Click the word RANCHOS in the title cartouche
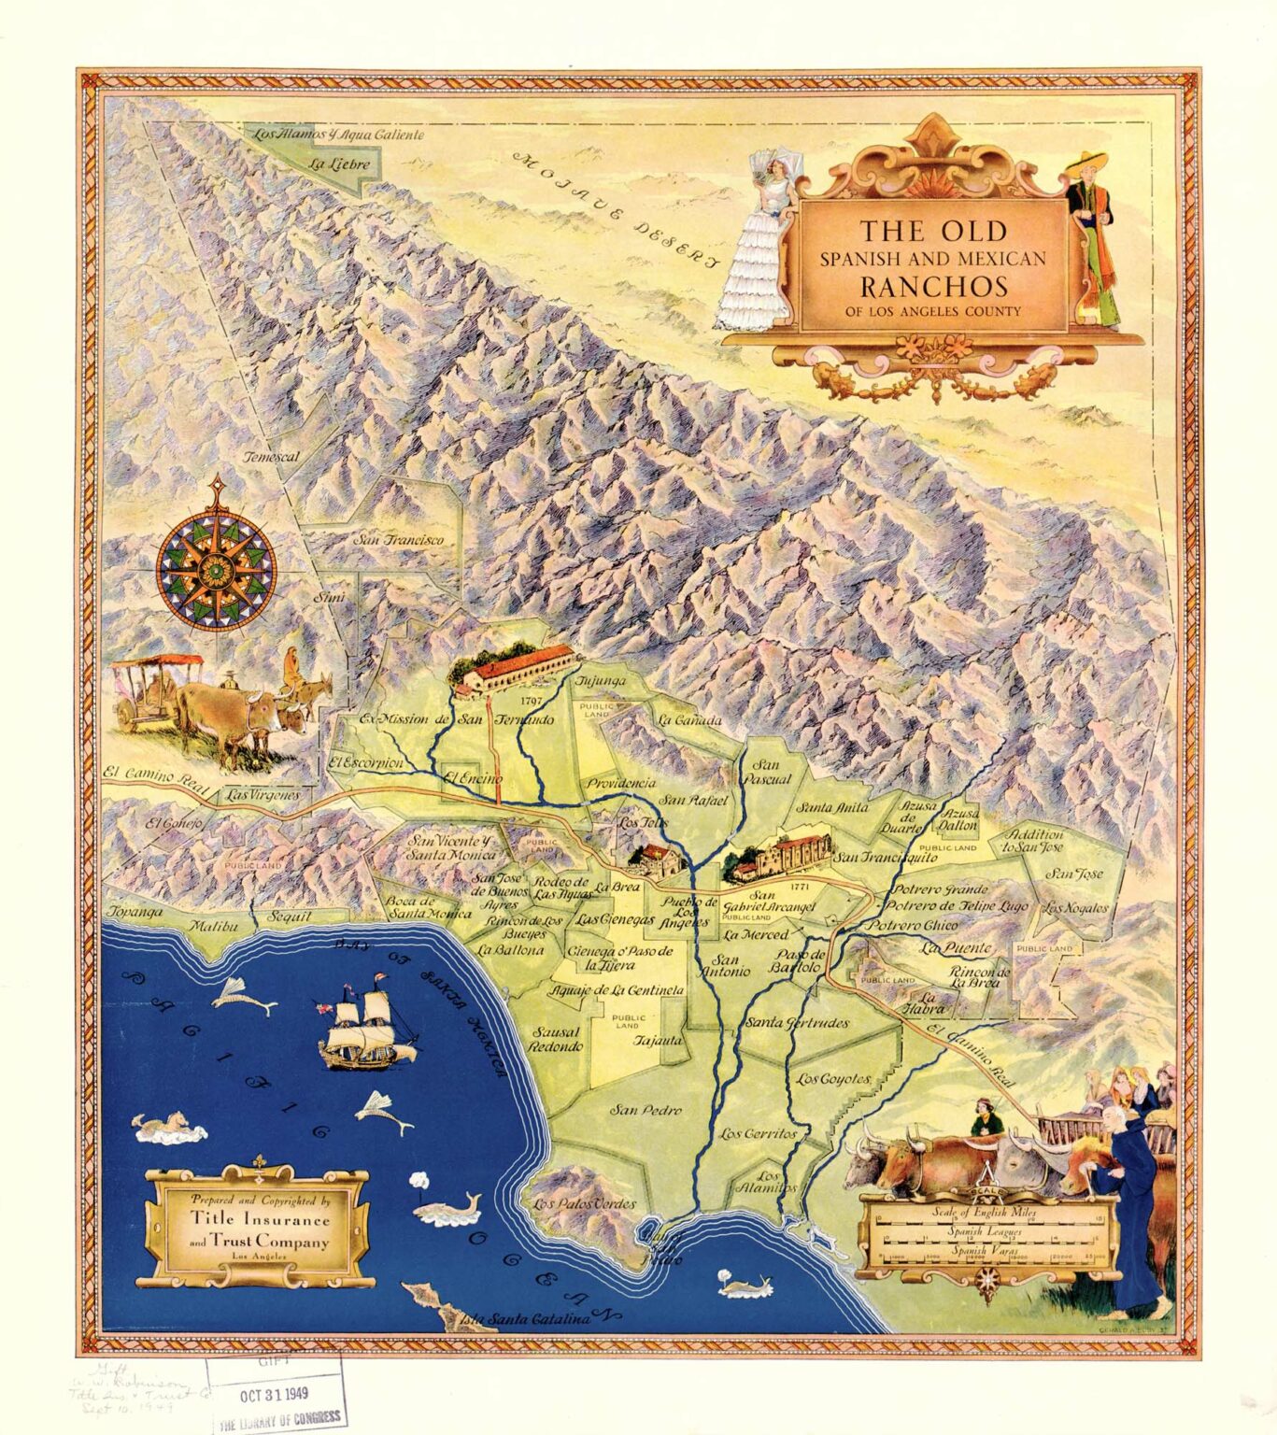pos(933,285)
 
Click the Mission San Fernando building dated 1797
pos(512,667)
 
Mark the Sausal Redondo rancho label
pos(557,1040)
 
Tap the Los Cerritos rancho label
pos(759,1133)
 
